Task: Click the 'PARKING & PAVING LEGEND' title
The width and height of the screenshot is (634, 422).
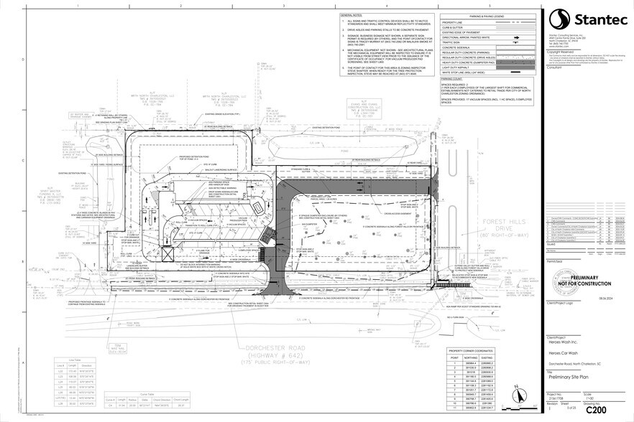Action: pyautogui.click(x=486, y=15)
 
